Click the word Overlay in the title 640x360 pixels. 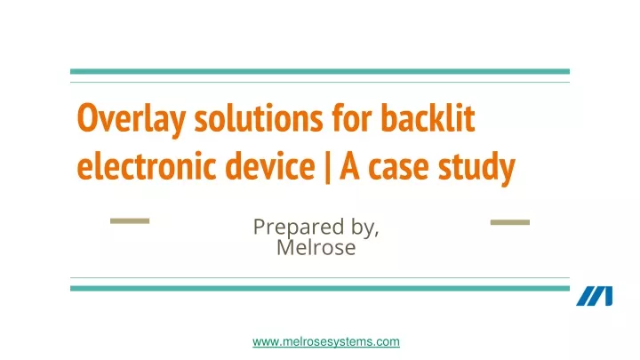[131, 118]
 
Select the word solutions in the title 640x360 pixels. [259, 118]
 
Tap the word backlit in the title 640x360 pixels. [428, 118]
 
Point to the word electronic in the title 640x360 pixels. [146, 165]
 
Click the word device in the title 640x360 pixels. [270, 165]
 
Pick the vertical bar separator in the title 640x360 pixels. [327, 167]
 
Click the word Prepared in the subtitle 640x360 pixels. [299, 228]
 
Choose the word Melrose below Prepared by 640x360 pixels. [316, 247]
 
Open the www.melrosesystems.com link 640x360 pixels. [326, 341]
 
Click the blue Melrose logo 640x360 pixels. [595, 296]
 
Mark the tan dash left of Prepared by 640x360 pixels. [130, 220]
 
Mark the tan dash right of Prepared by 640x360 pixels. [510, 222]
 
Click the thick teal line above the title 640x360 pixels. [320, 71]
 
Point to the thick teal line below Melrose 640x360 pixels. [320, 288]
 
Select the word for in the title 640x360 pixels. [352, 118]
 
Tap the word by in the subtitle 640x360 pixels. [365, 228]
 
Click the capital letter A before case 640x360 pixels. [349, 165]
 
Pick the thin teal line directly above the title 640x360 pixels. [320, 83]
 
